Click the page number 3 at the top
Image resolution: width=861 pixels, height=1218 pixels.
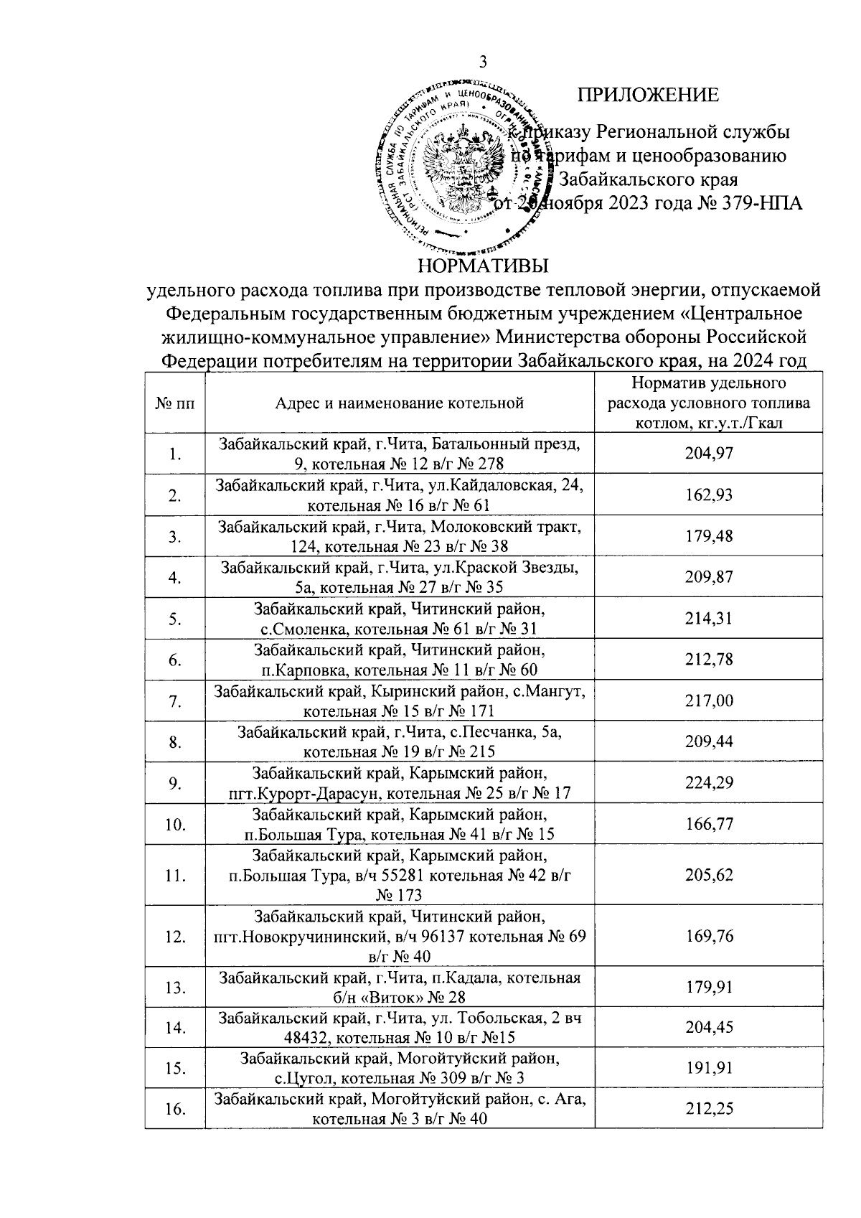click(x=483, y=62)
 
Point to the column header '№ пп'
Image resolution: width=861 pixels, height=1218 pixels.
click(x=174, y=403)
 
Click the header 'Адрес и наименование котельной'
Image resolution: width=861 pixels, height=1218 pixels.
click(x=400, y=403)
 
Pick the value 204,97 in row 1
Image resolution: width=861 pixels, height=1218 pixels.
click(x=709, y=454)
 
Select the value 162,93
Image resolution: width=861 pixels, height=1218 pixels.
click(x=709, y=495)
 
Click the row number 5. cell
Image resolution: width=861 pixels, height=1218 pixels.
click(x=174, y=619)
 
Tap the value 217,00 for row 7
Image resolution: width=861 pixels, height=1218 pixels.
click(x=709, y=701)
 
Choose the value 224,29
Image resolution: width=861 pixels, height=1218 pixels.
click(x=709, y=783)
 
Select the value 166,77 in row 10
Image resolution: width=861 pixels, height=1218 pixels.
click(x=709, y=825)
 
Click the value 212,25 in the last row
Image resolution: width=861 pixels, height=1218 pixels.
click(x=709, y=1109)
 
